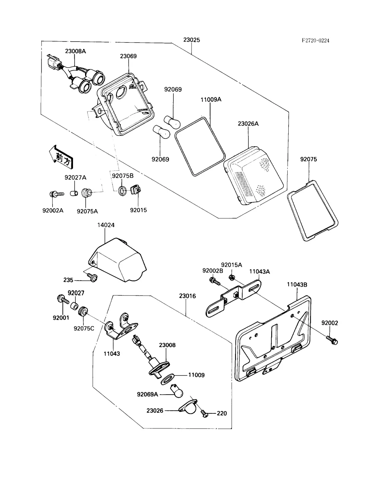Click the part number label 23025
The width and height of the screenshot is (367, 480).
coord(192,40)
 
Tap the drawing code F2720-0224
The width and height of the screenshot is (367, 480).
coord(315,41)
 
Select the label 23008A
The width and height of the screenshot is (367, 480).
coord(75,51)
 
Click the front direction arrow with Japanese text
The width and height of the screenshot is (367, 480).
coord(61,156)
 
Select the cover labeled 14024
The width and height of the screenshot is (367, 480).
coord(117,259)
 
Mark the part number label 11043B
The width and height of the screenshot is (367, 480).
coord(297,285)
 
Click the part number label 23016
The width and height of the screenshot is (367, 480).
coord(188,296)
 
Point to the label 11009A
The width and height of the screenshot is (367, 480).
coord(211,99)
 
